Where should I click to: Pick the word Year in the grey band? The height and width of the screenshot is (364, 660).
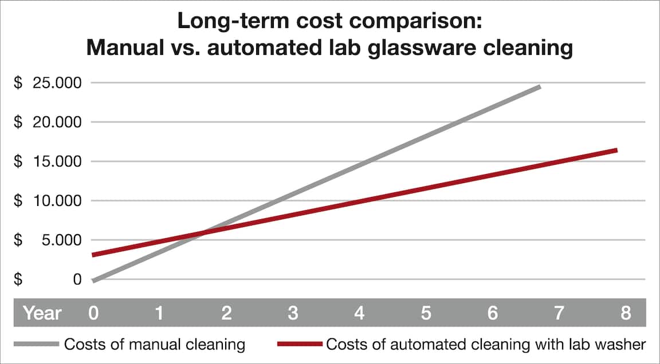pyautogui.click(x=42, y=313)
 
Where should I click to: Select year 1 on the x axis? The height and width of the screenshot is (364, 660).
pyautogui.click(x=160, y=313)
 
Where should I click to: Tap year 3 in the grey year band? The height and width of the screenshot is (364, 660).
pyautogui.click(x=293, y=313)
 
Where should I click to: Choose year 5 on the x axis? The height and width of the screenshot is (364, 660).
pyautogui.click(x=426, y=313)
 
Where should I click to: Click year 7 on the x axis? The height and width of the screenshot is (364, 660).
pyautogui.click(x=559, y=313)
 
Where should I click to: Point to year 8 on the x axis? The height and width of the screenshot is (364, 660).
pyautogui.click(x=625, y=313)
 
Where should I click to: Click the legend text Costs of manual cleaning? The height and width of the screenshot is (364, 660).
pyautogui.click(x=155, y=345)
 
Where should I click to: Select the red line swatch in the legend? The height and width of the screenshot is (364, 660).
pyautogui.click(x=300, y=345)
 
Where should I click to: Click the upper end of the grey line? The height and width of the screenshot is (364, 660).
pyautogui.click(x=539, y=87)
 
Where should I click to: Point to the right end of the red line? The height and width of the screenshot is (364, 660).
pyautogui.click(x=616, y=151)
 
